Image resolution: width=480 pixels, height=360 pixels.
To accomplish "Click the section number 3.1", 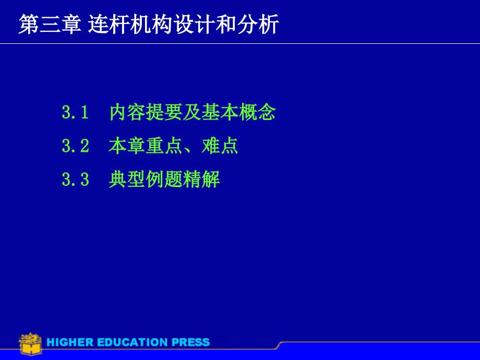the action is [75, 112].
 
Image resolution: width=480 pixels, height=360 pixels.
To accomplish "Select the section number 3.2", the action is [75, 146].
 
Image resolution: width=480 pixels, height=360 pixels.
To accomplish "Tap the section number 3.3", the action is [75, 179].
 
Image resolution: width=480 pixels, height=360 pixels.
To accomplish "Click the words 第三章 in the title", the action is [50, 24].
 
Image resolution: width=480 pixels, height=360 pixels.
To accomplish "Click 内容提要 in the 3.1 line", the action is [146, 112].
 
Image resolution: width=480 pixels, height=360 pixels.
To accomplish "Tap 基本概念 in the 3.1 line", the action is [238, 112].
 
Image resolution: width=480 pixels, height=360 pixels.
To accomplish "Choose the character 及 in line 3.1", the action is [192, 112].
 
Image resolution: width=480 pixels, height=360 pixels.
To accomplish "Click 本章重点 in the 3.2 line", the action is [146, 146].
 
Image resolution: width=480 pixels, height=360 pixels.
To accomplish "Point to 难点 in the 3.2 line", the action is [220, 146].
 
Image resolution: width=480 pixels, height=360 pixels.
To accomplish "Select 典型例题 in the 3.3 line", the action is [146, 179].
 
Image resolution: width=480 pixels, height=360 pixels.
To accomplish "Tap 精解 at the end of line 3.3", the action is [201, 179].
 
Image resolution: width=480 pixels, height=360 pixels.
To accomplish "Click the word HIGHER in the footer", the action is [70, 342].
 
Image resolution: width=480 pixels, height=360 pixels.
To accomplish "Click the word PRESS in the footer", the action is [190, 342].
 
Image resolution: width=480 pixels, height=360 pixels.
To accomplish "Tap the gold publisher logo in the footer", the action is [30, 344].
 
